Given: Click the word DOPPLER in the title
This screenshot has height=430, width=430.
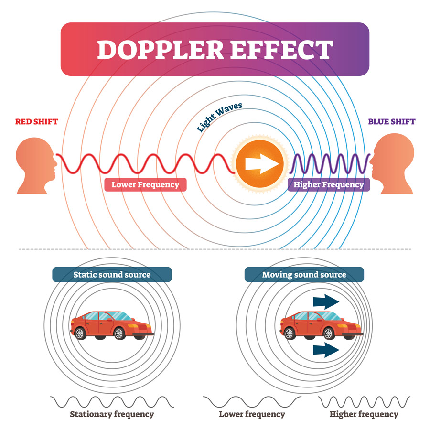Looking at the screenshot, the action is tap(161, 50).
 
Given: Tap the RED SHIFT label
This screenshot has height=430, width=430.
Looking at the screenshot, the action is tap(36, 121).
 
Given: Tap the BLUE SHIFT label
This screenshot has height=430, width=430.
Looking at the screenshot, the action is tap(392, 121).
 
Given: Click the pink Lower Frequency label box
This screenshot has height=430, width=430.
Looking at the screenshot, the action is tap(145, 184).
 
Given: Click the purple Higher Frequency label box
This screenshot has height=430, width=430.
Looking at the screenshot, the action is tap(329, 184).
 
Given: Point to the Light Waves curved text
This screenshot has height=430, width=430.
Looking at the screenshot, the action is tap(219, 117).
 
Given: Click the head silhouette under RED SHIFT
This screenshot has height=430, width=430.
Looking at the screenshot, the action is tap(36, 165).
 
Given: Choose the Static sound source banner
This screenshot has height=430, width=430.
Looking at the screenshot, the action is tap(112, 275).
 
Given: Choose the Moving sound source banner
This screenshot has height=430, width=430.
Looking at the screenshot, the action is tap(304, 275).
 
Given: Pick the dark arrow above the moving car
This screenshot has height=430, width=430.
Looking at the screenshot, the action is tap(326, 301).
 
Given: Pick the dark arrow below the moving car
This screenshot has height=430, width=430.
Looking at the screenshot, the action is tap(326, 350).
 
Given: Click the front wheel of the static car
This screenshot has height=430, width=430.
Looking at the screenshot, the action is tap(119, 333).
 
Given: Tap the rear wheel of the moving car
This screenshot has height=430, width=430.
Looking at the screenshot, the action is tap(290, 333).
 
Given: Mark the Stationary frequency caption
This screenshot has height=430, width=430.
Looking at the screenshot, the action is tap(112, 414).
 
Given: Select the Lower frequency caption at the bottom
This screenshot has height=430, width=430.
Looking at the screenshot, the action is tap(252, 414).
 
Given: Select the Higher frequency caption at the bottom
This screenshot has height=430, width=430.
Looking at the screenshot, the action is tap(364, 414).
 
